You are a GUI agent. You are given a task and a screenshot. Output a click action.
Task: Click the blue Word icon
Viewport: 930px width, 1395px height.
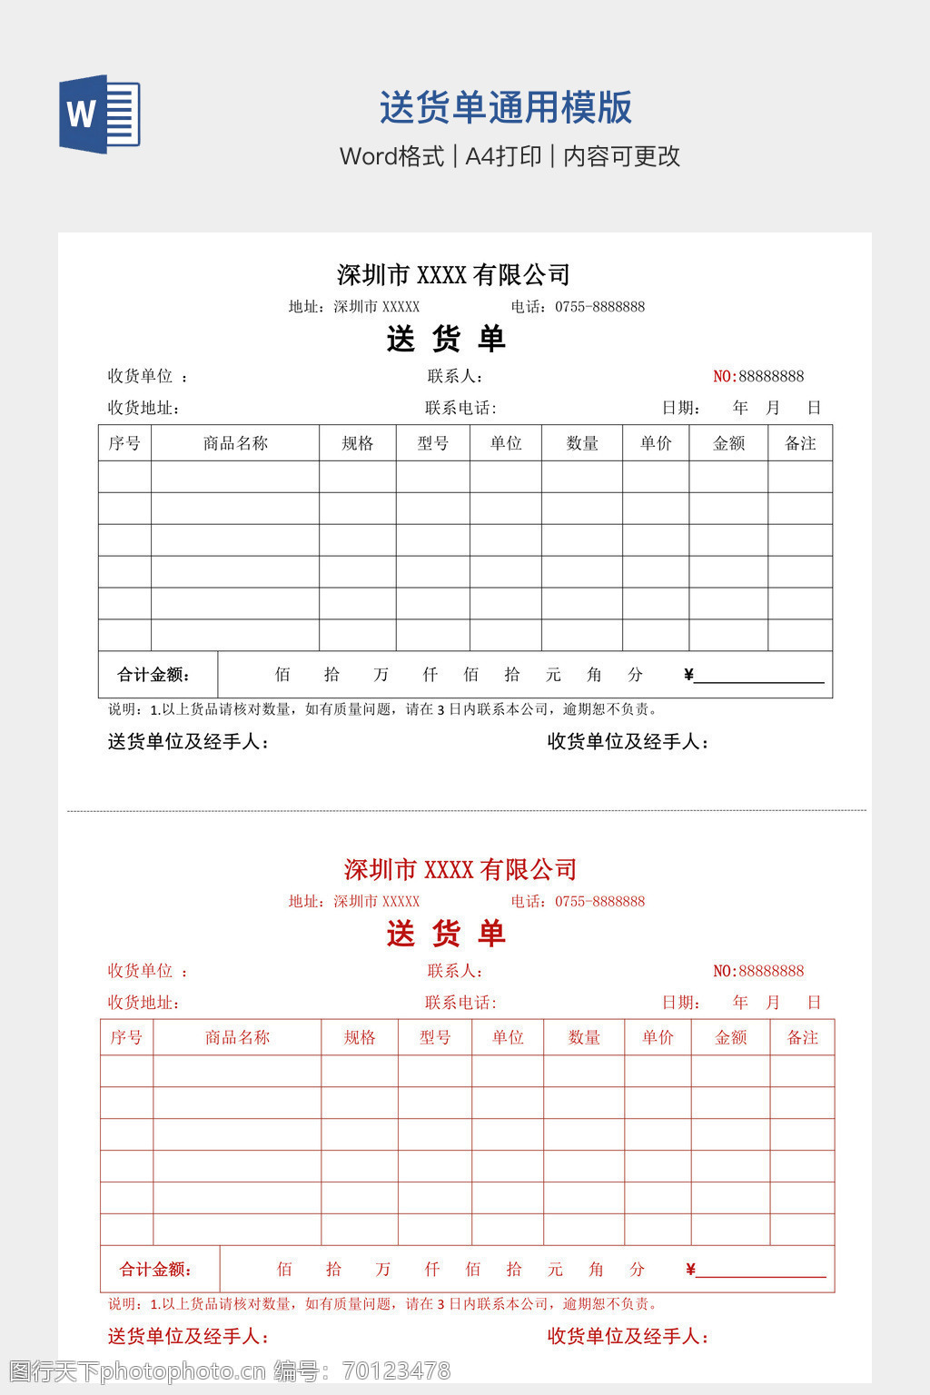click(x=99, y=114)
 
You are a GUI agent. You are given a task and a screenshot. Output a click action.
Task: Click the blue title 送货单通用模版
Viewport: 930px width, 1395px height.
click(x=505, y=108)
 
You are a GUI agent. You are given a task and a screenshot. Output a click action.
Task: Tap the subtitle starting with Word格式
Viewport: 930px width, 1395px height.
click(x=510, y=156)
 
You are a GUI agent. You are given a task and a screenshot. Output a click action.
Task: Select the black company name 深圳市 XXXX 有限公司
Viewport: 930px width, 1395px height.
click(x=453, y=274)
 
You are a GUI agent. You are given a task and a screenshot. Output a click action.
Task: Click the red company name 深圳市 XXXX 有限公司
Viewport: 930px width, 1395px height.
click(x=460, y=869)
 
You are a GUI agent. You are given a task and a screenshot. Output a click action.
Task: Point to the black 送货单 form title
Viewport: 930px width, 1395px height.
click(x=445, y=339)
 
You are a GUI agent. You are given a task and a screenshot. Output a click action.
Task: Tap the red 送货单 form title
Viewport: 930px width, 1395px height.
click(x=445, y=934)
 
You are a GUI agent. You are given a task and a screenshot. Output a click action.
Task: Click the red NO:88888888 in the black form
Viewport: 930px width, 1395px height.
click(x=758, y=376)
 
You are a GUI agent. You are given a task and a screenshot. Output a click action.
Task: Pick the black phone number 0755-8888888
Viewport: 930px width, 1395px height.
click(x=599, y=307)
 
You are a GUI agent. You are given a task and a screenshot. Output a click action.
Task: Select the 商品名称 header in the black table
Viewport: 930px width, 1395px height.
click(x=235, y=443)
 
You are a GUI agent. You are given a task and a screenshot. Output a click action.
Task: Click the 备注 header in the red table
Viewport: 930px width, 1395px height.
click(x=802, y=1037)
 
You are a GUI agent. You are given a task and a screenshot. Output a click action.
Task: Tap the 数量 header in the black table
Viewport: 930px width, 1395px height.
click(x=582, y=443)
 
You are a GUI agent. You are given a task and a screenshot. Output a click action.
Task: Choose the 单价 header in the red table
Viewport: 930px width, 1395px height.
click(x=658, y=1037)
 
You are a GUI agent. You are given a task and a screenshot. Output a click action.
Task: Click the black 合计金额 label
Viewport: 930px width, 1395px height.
click(x=153, y=675)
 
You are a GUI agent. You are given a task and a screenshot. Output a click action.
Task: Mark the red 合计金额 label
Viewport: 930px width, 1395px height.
click(x=155, y=1270)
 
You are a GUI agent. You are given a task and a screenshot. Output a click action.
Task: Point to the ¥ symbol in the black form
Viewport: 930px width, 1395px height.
click(x=688, y=674)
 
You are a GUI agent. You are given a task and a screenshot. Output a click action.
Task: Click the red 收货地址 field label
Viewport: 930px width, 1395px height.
click(x=143, y=1003)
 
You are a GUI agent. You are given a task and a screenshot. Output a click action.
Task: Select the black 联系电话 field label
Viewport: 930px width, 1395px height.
click(x=460, y=408)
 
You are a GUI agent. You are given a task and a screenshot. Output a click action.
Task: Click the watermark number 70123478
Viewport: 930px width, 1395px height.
click(x=397, y=1370)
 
